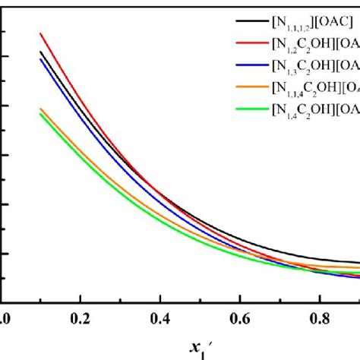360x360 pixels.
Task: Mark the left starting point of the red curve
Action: click(40, 33)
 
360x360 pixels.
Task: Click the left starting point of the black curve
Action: click(40, 52)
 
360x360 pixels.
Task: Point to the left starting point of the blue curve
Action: click(40, 59)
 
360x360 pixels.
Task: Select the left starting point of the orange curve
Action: click(40, 109)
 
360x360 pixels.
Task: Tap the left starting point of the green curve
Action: click(40, 114)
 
